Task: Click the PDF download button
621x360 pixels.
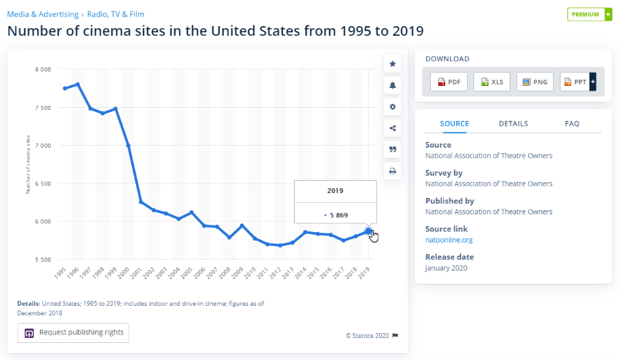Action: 449,82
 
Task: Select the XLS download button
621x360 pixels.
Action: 492,82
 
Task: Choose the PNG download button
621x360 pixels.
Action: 535,82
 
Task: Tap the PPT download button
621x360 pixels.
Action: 575,82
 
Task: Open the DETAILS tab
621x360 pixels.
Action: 513,124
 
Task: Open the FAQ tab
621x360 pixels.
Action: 572,124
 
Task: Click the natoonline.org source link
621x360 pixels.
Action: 449,240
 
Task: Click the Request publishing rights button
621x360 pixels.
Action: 74,333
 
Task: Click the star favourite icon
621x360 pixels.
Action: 393,64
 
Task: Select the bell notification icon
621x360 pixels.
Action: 393,85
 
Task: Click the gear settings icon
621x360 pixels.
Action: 393,106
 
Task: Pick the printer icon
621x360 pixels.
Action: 393,171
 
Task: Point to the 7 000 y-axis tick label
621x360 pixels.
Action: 43,146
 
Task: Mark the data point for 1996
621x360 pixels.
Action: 78,85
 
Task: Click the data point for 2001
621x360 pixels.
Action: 141,202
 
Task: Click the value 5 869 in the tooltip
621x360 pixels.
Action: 339,215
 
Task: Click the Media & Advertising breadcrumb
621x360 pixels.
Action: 43,14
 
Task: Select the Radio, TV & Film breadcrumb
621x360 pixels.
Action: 115,14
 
